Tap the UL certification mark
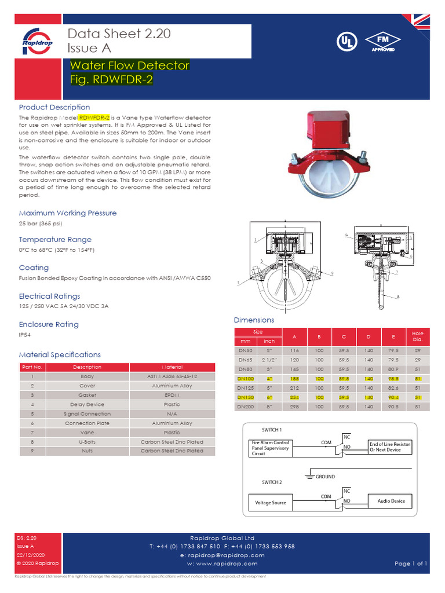(346, 42)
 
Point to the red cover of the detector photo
(328, 130)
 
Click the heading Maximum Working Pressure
(68, 213)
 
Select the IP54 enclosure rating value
(25, 335)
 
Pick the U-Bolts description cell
(87, 442)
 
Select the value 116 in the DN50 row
(295, 350)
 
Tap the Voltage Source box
(271, 502)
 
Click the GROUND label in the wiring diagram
(324, 477)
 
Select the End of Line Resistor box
(390, 447)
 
